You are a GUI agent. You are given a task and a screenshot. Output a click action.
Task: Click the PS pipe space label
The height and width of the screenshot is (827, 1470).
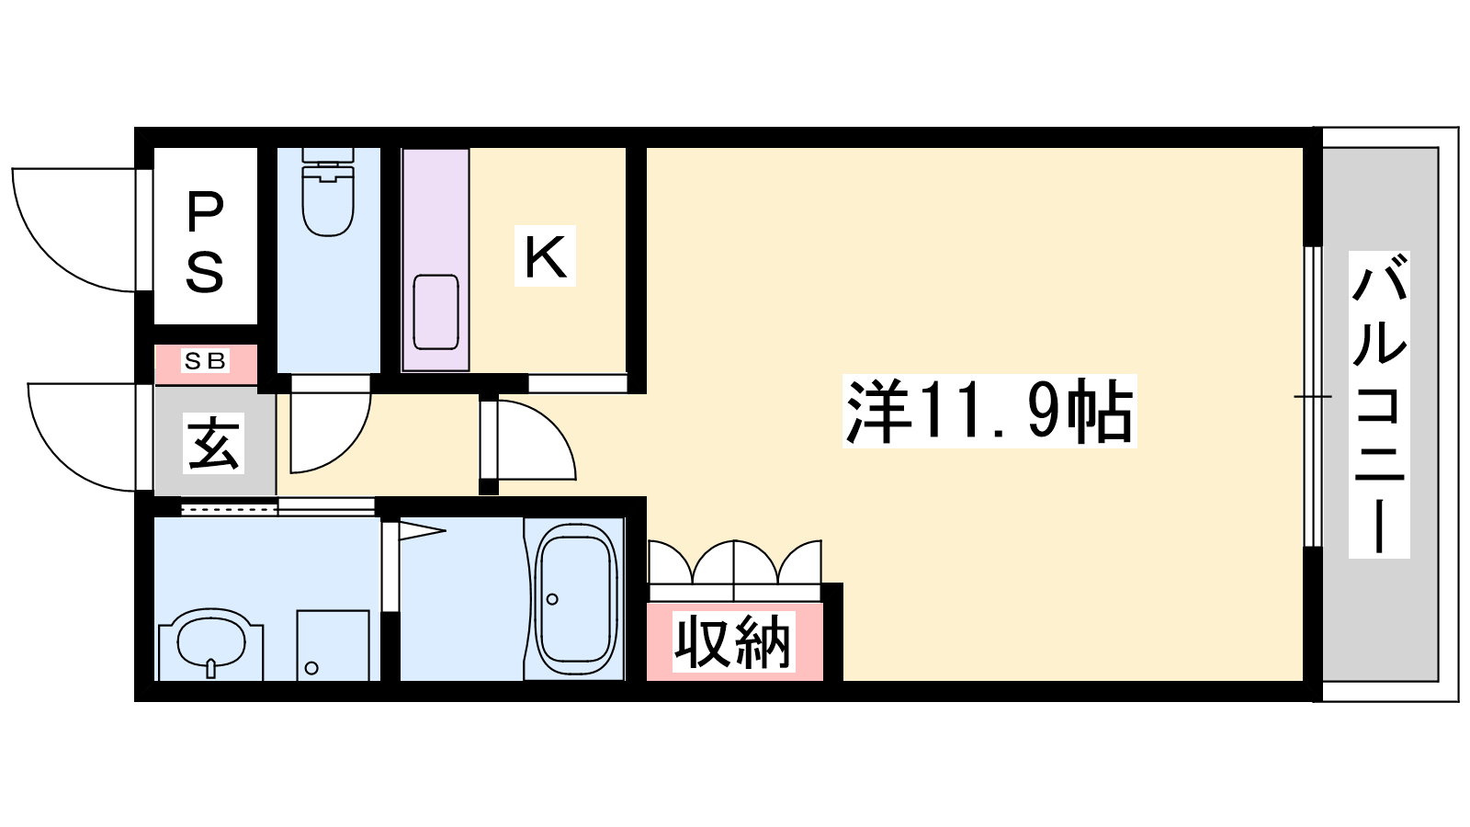click(x=205, y=242)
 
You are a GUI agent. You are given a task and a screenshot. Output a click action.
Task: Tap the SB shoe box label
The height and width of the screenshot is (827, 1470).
click(x=206, y=361)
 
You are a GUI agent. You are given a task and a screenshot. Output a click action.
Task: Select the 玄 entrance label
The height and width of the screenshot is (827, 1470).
click(x=213, y=443)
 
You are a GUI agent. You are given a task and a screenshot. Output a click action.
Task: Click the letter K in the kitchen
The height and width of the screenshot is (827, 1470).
click(x=545, y=256)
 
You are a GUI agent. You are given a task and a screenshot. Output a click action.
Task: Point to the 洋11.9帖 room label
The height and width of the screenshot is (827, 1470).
click(x=989, y=411)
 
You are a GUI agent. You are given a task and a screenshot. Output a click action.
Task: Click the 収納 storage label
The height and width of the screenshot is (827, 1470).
click(x=734, y=641)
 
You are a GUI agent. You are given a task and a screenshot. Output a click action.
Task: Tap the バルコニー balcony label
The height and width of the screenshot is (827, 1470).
click(x=1379, y=404)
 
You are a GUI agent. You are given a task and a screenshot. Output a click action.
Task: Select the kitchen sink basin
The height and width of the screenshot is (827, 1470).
click(x=435, y=312)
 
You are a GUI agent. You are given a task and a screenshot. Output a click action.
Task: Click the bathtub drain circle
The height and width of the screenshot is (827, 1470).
click(x=552, y=599)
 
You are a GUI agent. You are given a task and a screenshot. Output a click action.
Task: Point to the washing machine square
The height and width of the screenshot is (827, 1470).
click(x=333, y=645)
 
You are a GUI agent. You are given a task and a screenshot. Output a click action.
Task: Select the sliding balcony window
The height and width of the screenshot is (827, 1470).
click(x=1312, y=396)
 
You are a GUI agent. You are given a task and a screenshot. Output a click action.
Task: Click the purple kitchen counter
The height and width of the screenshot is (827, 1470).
click(x=435, y=259)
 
